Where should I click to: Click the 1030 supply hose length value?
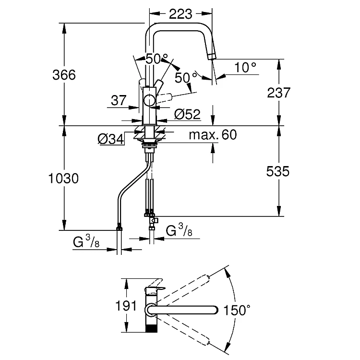pos(63,179)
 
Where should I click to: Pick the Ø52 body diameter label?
pos(187,114)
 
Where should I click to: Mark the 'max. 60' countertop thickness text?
pos(213,135)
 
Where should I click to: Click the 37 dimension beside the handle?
pos(118,101)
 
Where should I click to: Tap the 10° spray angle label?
pos(246,67)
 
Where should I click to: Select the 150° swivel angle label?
pos(237,311)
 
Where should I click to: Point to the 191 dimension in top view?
pos(127,306)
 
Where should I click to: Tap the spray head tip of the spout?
pos(212,56)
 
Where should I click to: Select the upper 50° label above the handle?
pos(157,59)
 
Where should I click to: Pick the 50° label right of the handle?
pos(186,76)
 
